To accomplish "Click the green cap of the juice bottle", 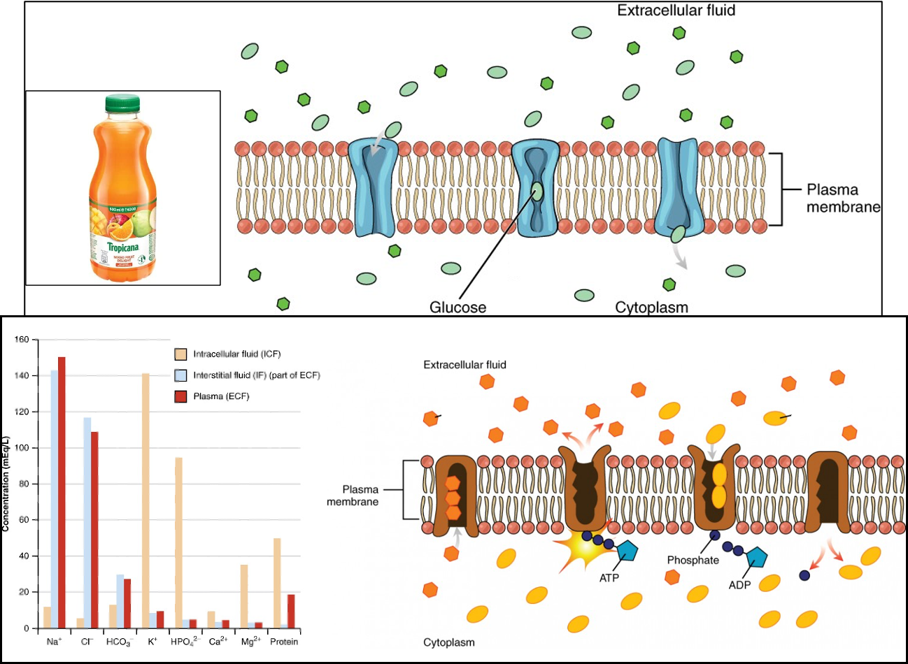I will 122,103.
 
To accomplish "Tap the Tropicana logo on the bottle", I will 122,247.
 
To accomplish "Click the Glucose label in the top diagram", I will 457,308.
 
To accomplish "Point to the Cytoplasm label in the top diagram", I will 651,308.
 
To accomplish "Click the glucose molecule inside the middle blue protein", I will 536,190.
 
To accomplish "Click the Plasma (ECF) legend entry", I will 220,396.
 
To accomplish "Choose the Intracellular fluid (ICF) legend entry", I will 236,354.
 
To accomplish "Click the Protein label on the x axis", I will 284,642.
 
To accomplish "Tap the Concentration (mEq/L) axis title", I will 6,483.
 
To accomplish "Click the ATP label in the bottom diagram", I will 609,578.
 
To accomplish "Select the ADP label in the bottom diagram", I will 739,585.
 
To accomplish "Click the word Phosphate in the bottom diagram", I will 693,560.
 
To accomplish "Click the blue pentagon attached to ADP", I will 756,557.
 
